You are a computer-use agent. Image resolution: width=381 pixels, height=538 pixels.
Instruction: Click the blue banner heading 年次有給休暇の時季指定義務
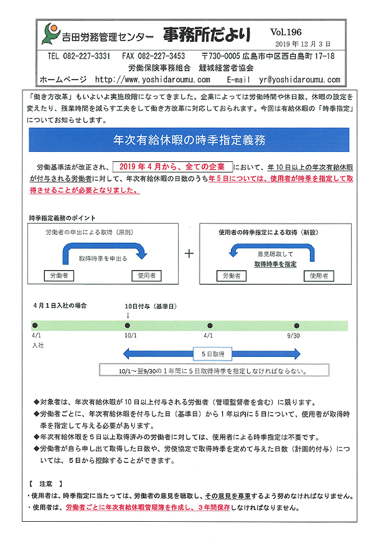tap(189, 140)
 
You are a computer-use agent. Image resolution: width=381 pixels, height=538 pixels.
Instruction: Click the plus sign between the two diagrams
tap(189, 254)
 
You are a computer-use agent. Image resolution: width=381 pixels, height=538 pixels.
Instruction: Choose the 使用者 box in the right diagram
tap(319, 275)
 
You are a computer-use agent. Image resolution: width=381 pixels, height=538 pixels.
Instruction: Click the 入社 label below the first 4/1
tap(38, 346)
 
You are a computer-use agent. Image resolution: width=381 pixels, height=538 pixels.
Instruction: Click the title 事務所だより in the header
tap(207, 35)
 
